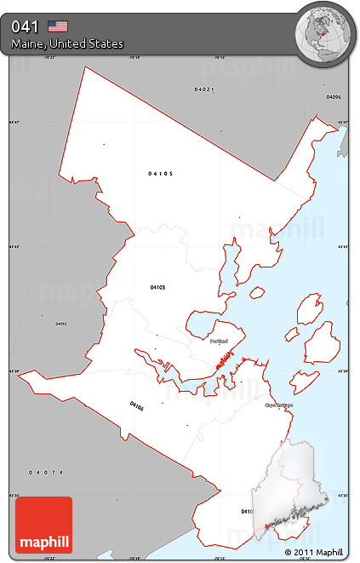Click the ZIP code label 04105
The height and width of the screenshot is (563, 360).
[160, 174]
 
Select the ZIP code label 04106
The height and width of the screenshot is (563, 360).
[137, 405]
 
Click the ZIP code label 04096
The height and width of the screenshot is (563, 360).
[334, 97]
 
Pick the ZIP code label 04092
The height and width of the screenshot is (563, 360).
[60, 324]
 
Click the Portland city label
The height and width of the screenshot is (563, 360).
[219, 340]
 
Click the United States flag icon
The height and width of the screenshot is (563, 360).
[58, 26]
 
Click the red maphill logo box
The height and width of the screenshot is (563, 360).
[43, 525]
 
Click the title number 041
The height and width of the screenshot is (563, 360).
[25, 26]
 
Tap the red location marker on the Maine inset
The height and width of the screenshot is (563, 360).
[266, 528]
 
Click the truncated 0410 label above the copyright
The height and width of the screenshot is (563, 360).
[246, 511]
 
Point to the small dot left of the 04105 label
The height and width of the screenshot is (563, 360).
[104, 144]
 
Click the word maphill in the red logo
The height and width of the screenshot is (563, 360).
[43, 542]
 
